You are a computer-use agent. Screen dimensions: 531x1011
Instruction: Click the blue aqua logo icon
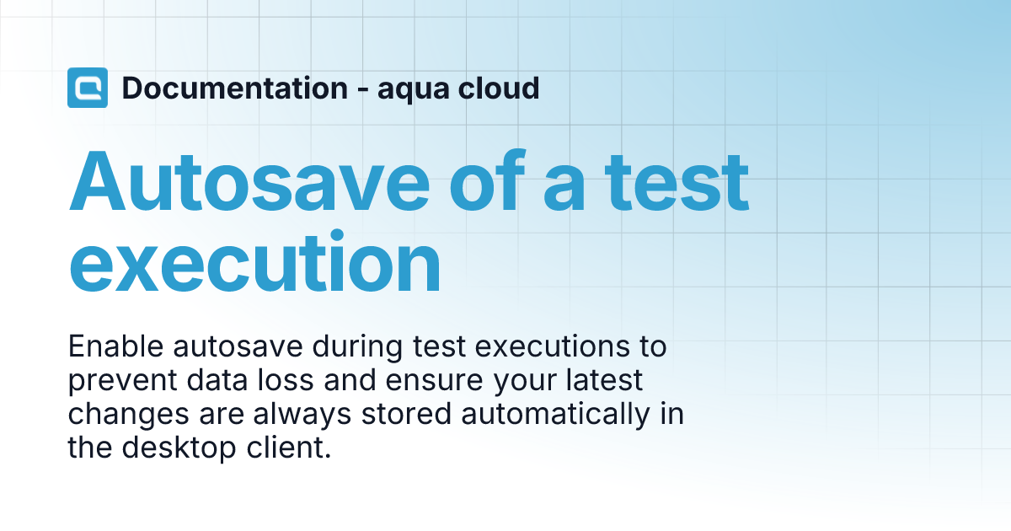pyautogui.click(x=88, y=88)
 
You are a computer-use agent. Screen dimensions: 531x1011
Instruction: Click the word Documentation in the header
pyautogui.click(x=234, y=88)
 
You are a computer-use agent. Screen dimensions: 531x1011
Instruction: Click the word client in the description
pyautogui.click(x=286, y=448)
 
